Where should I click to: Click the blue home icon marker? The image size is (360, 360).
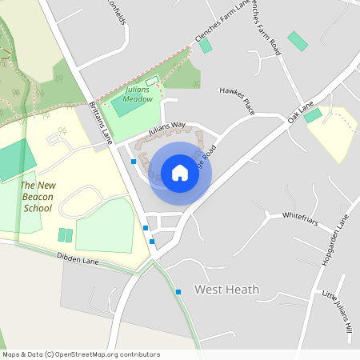point(180,172)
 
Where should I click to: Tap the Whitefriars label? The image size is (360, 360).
point(301,216)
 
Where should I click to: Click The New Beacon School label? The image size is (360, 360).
point(38,197)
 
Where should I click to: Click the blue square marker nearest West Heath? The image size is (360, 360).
point(178,291)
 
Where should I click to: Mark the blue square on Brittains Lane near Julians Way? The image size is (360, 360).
point(133,162)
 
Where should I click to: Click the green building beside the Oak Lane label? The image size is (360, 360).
point(313,115)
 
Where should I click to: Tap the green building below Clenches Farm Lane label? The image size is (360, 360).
point(206,46)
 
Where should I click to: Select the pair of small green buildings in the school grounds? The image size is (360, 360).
point(66,235)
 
